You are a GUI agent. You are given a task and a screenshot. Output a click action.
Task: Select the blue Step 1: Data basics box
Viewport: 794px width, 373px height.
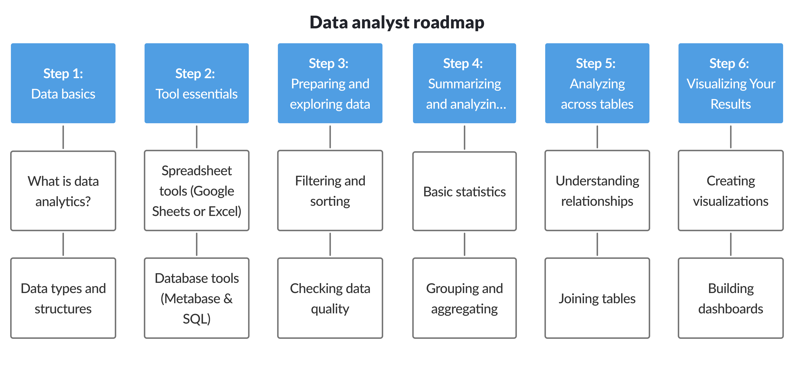[63, 83]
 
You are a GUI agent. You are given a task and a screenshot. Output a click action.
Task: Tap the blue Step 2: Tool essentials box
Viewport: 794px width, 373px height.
[197, 83]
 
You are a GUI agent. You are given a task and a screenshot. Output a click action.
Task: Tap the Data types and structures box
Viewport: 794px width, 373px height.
[63, 298]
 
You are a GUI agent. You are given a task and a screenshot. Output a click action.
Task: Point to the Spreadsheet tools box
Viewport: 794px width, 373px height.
[197, 191]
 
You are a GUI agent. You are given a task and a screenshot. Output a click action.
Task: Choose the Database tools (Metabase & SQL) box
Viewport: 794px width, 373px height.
[197, 298]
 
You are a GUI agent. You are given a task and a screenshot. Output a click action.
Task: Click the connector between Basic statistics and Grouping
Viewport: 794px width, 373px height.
[465, 244]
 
